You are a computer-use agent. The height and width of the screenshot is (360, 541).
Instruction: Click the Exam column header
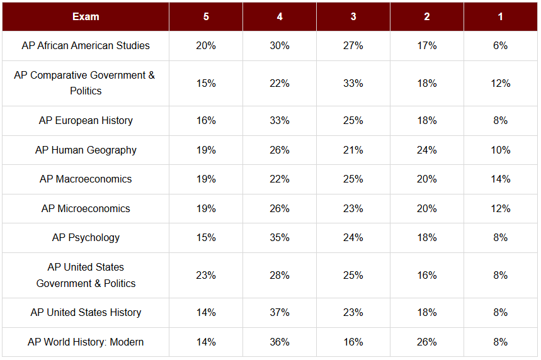(x=86, y=16)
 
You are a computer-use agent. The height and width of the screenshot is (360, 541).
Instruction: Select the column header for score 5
(x=206, y=16)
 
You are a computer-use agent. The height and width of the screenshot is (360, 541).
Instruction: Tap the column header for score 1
(x=500, y=16)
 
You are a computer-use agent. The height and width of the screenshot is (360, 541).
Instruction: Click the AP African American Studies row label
(x=86, y=45)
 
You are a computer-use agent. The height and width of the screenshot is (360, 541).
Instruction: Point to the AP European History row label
(x=86, y=120)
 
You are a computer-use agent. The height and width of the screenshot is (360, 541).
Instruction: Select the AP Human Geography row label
(x=86, y=150)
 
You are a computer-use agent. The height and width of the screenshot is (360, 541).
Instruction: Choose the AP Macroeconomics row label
(x=86, y=179)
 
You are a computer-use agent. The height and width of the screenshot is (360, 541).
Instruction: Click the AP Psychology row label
(x=86, y=237)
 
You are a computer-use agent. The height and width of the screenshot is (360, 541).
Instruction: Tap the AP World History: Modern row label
(x=86, y=342)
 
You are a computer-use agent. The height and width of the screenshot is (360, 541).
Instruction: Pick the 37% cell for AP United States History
(x=280, y=312)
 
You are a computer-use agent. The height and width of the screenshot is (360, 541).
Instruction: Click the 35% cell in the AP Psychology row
(x=280, y=237)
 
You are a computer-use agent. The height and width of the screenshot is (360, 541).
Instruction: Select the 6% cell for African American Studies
(x=500, y=45)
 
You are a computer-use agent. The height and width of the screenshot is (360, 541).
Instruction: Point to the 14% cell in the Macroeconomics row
(x=500, y=179)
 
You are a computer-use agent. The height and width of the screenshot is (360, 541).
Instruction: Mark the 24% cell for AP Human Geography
(x=427, y=150)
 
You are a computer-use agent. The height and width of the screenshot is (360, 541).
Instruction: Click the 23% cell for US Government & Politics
(x=206, y=275)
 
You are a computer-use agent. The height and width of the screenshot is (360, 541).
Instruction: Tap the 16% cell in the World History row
(x=353, y=342)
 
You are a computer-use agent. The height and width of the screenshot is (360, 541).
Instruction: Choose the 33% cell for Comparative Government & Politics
(x=353, y=83)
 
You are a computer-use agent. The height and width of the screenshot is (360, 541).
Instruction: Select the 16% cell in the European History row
(x=206, y=120)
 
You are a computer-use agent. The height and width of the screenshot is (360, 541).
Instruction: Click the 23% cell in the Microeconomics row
(x=353, y=208)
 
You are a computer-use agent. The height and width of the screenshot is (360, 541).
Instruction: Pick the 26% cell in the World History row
(x=427, y=342)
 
